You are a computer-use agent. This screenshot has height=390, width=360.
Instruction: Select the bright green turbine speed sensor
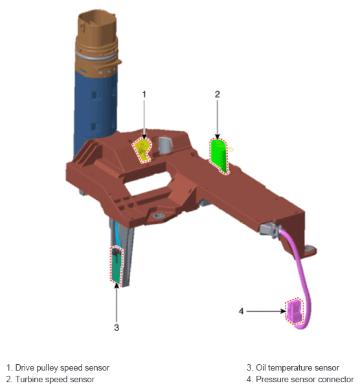(219, 155)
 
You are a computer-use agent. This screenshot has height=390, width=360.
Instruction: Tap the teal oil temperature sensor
(117, 266)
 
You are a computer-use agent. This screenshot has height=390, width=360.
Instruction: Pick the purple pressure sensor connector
(294, 311)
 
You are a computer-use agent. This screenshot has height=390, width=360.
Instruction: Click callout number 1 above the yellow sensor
(144, 94)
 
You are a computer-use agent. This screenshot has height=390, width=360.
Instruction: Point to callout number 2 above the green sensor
(218, 94)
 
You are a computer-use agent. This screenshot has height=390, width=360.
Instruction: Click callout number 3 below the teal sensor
(117, 327)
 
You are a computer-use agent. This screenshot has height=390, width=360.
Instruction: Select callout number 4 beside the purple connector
(241, 311)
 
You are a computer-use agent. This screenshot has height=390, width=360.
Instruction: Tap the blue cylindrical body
(95, 109)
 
